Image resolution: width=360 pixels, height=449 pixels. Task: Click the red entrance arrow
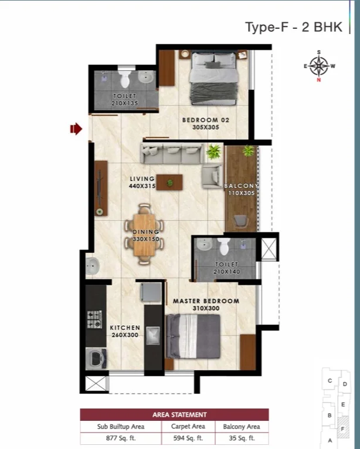point(76,129)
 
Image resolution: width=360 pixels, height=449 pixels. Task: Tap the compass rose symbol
point(319,66)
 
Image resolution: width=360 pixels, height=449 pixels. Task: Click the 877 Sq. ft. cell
point(121,438)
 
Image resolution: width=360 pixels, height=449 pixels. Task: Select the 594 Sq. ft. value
point(188,438)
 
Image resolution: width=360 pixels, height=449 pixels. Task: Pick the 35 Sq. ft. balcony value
point(242,438)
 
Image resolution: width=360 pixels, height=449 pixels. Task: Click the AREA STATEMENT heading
point(179,414)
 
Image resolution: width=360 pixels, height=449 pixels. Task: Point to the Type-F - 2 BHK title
point(294,27)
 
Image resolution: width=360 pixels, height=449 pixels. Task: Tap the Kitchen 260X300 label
point(125,331)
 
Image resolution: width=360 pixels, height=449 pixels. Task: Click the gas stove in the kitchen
point(95,319)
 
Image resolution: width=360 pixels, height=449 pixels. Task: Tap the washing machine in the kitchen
point(96,359)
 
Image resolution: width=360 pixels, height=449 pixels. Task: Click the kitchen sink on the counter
point(154,336)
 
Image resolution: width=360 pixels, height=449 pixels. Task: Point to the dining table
point(144,235)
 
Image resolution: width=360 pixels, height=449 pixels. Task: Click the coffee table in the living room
point(169,182)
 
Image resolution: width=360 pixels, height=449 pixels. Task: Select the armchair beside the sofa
point(212,176)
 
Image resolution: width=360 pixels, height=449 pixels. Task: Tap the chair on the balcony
point(241,221)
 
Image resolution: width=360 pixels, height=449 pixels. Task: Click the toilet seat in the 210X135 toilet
point(125,79)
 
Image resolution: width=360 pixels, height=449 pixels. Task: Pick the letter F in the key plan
point(342,429)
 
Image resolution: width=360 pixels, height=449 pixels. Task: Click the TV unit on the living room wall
point(101,188)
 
